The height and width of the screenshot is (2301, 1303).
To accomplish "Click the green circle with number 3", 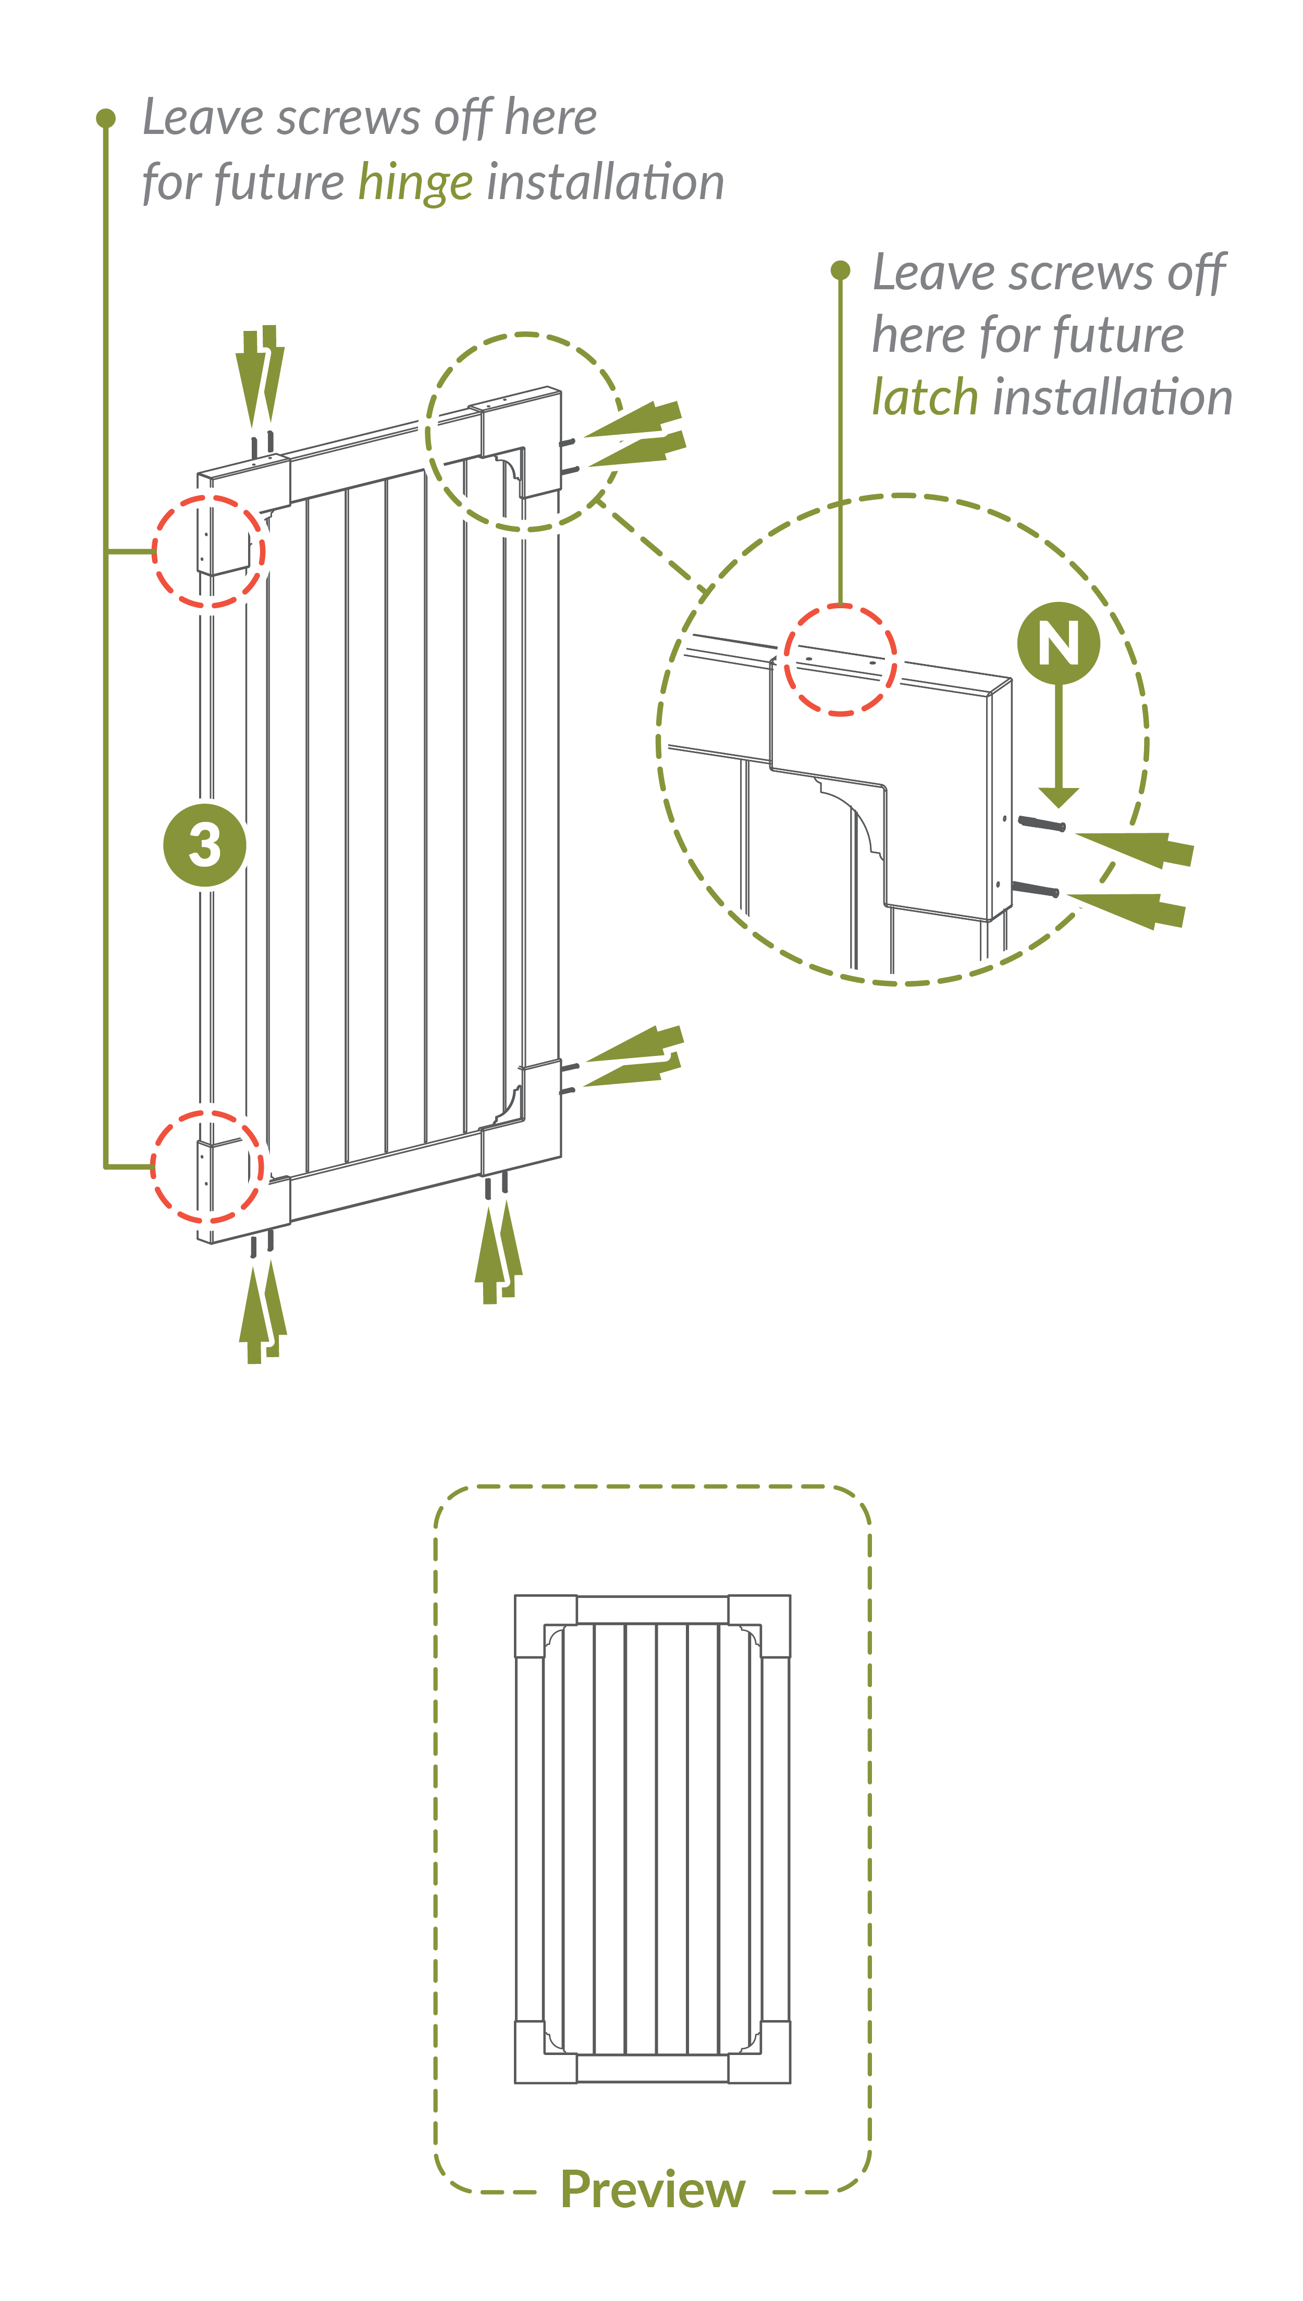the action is [205, 844].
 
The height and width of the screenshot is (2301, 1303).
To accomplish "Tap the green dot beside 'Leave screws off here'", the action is [106, 118].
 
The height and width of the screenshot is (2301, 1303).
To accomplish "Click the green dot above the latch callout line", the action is [840, 270].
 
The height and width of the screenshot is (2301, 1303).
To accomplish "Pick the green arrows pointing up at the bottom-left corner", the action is [262, 1311].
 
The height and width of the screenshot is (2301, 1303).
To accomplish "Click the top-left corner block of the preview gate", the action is [546, 1626].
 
